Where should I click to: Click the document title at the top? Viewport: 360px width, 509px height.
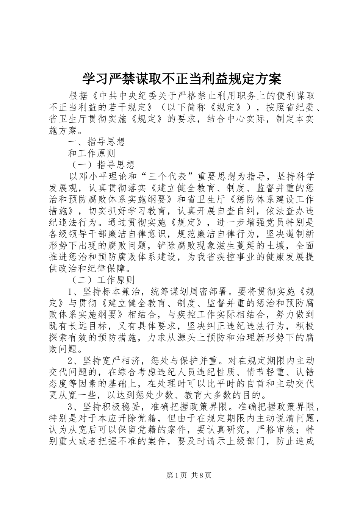pyautogui.click(x=182, y=79)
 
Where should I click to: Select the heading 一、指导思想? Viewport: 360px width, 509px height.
pyautogui.click(x=96, y=142)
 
